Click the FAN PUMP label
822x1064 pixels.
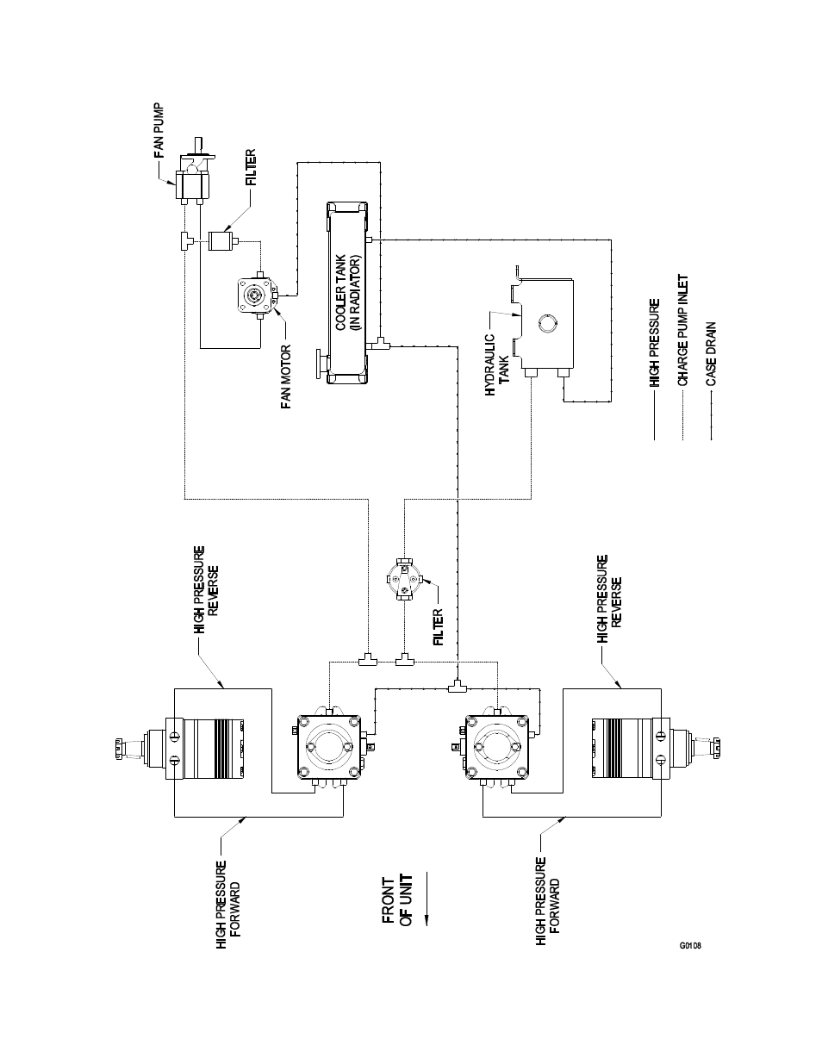159,133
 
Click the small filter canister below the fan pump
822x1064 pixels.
222,240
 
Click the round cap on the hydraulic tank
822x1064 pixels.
547,324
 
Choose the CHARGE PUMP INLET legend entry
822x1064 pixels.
682,330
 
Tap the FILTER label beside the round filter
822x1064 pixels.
439,628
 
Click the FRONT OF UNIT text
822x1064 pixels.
397,900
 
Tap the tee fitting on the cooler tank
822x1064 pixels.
382,345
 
